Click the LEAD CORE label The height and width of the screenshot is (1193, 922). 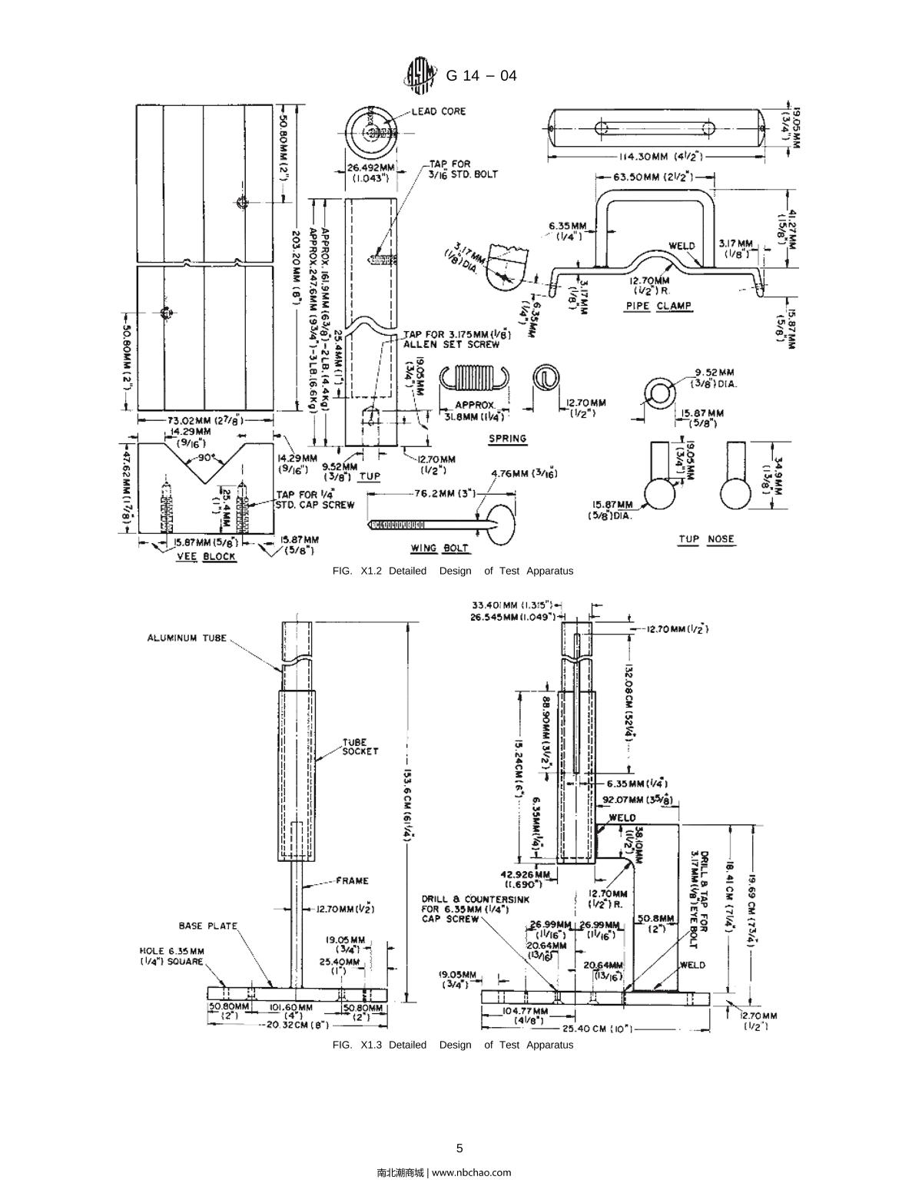pyautogui.click(x=438, y=111)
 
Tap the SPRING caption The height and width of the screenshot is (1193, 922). pyautogui.click(x=508, y=439)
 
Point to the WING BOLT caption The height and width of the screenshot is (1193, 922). pyautogui.click(x=436, y=548)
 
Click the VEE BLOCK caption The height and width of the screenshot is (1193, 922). pyautogui.click(x=206, y=556)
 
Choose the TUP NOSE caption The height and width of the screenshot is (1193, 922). pyautogui.click(x=706, y=539)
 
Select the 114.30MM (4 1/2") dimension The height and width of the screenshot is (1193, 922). pyautogui.click(x=658, y=157)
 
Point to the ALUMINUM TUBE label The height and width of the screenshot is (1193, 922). pyautogui.click(x=187, y=638)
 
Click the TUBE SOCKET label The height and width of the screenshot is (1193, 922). pyautogui.click(x=360, y=747)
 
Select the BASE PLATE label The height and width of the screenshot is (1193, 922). pyautogui.click(x=208, y=926)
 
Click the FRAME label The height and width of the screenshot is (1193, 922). pyautogui.click(x=353, y=880)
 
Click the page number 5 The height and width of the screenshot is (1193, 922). pyautogui.click(x=459, y=1148)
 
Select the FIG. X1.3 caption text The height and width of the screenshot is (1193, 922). pyautogui.click(x=453, y=1045)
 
